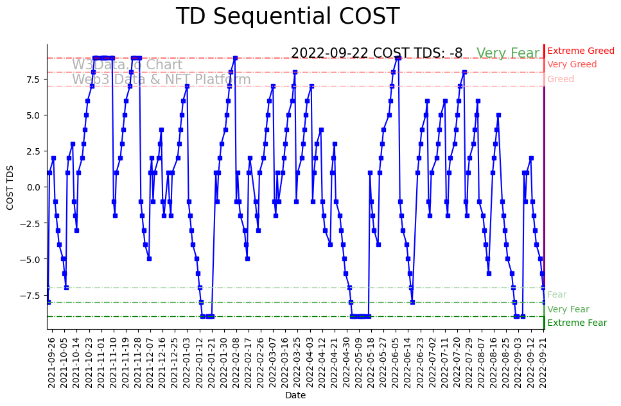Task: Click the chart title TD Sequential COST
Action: click(287, 17)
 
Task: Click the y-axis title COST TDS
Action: click(10, 187)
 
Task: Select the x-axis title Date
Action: click(295, 395)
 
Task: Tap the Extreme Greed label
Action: click(581, 51)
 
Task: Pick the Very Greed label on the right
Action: click(572, 64)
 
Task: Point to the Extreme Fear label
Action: click(577, 323)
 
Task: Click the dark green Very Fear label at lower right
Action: click(568, 309)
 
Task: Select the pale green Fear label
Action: click(557, 294)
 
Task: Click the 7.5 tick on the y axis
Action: click(34, 79)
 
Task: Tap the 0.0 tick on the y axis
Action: click(34, 187)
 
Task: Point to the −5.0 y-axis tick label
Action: click(31, 259)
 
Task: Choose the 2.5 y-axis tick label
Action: click(34, 151)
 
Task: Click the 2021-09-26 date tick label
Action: click(52, 362)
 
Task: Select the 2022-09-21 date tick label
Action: click(544, 362)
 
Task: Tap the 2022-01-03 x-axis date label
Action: click(186, 362)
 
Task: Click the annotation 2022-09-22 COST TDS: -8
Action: click(376, 53)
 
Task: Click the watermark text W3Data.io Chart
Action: click(127, 65)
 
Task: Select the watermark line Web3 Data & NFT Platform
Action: click(161, 80)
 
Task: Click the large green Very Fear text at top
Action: click(507, 53)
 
